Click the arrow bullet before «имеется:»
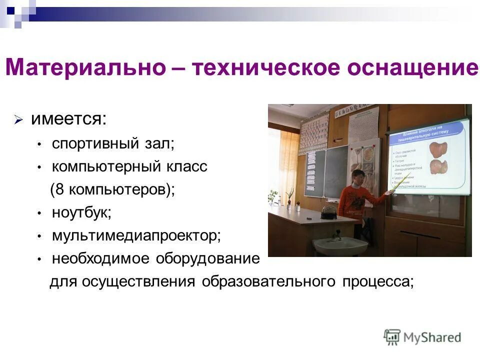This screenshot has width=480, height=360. pos(18,120)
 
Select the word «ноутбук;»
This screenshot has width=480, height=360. pos(81,212)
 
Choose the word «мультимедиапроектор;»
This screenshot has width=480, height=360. pos(136,235)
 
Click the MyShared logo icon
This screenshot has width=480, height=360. pos(392,337)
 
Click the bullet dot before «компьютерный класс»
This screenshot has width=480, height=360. pos(39,167)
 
